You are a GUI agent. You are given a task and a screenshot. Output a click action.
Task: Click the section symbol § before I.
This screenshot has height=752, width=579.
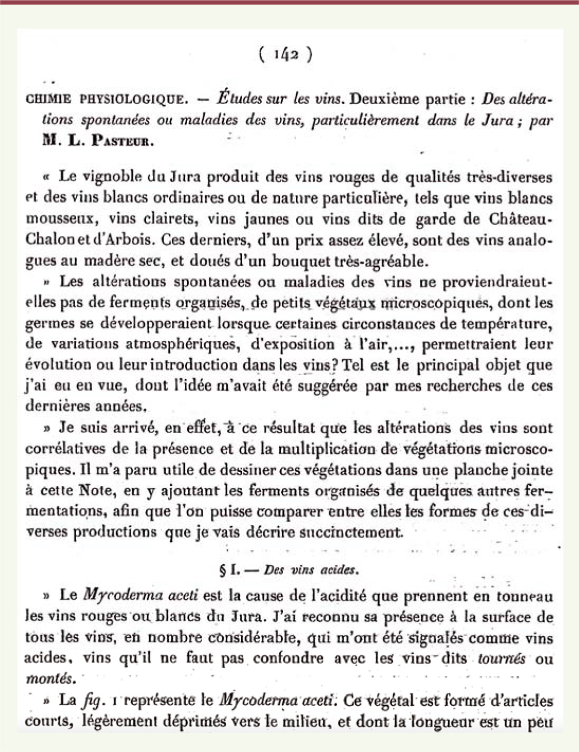pos(222,570)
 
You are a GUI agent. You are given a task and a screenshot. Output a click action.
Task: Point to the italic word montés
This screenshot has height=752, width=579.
pos(50,679)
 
